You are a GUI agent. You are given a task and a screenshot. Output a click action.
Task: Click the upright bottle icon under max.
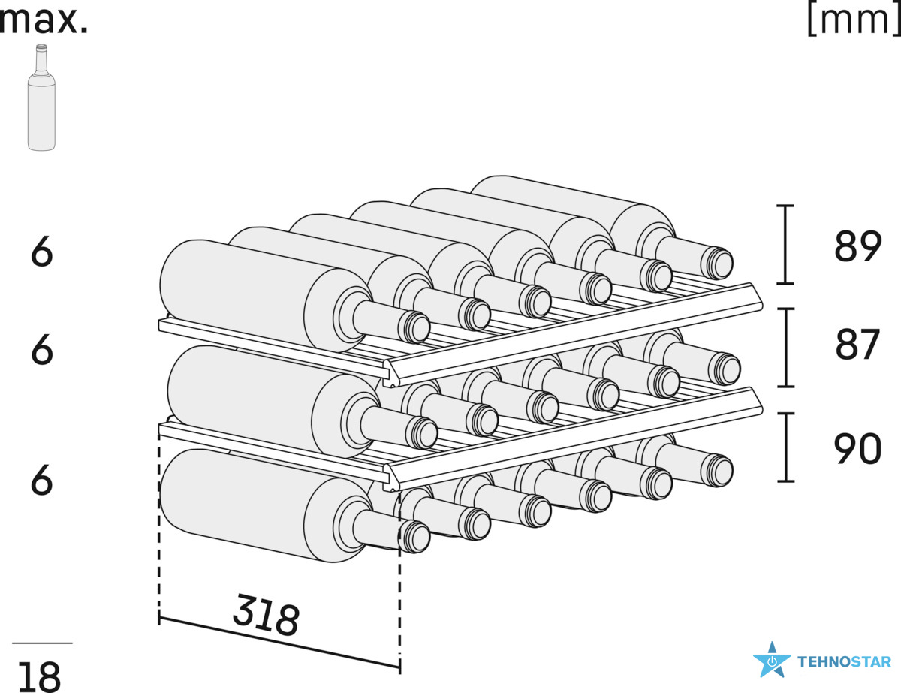coord(41,98)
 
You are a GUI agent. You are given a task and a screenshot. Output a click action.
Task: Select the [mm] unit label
coord(854,21)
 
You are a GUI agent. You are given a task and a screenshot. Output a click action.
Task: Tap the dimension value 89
coord(857,246)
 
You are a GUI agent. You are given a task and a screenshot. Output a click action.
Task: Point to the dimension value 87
coord(857,345)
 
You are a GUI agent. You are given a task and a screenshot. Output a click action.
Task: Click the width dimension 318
coord(266,616)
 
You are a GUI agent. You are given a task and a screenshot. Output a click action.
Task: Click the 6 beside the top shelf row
coord(42,252)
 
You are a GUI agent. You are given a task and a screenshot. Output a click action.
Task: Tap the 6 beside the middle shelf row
coord(42,350)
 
